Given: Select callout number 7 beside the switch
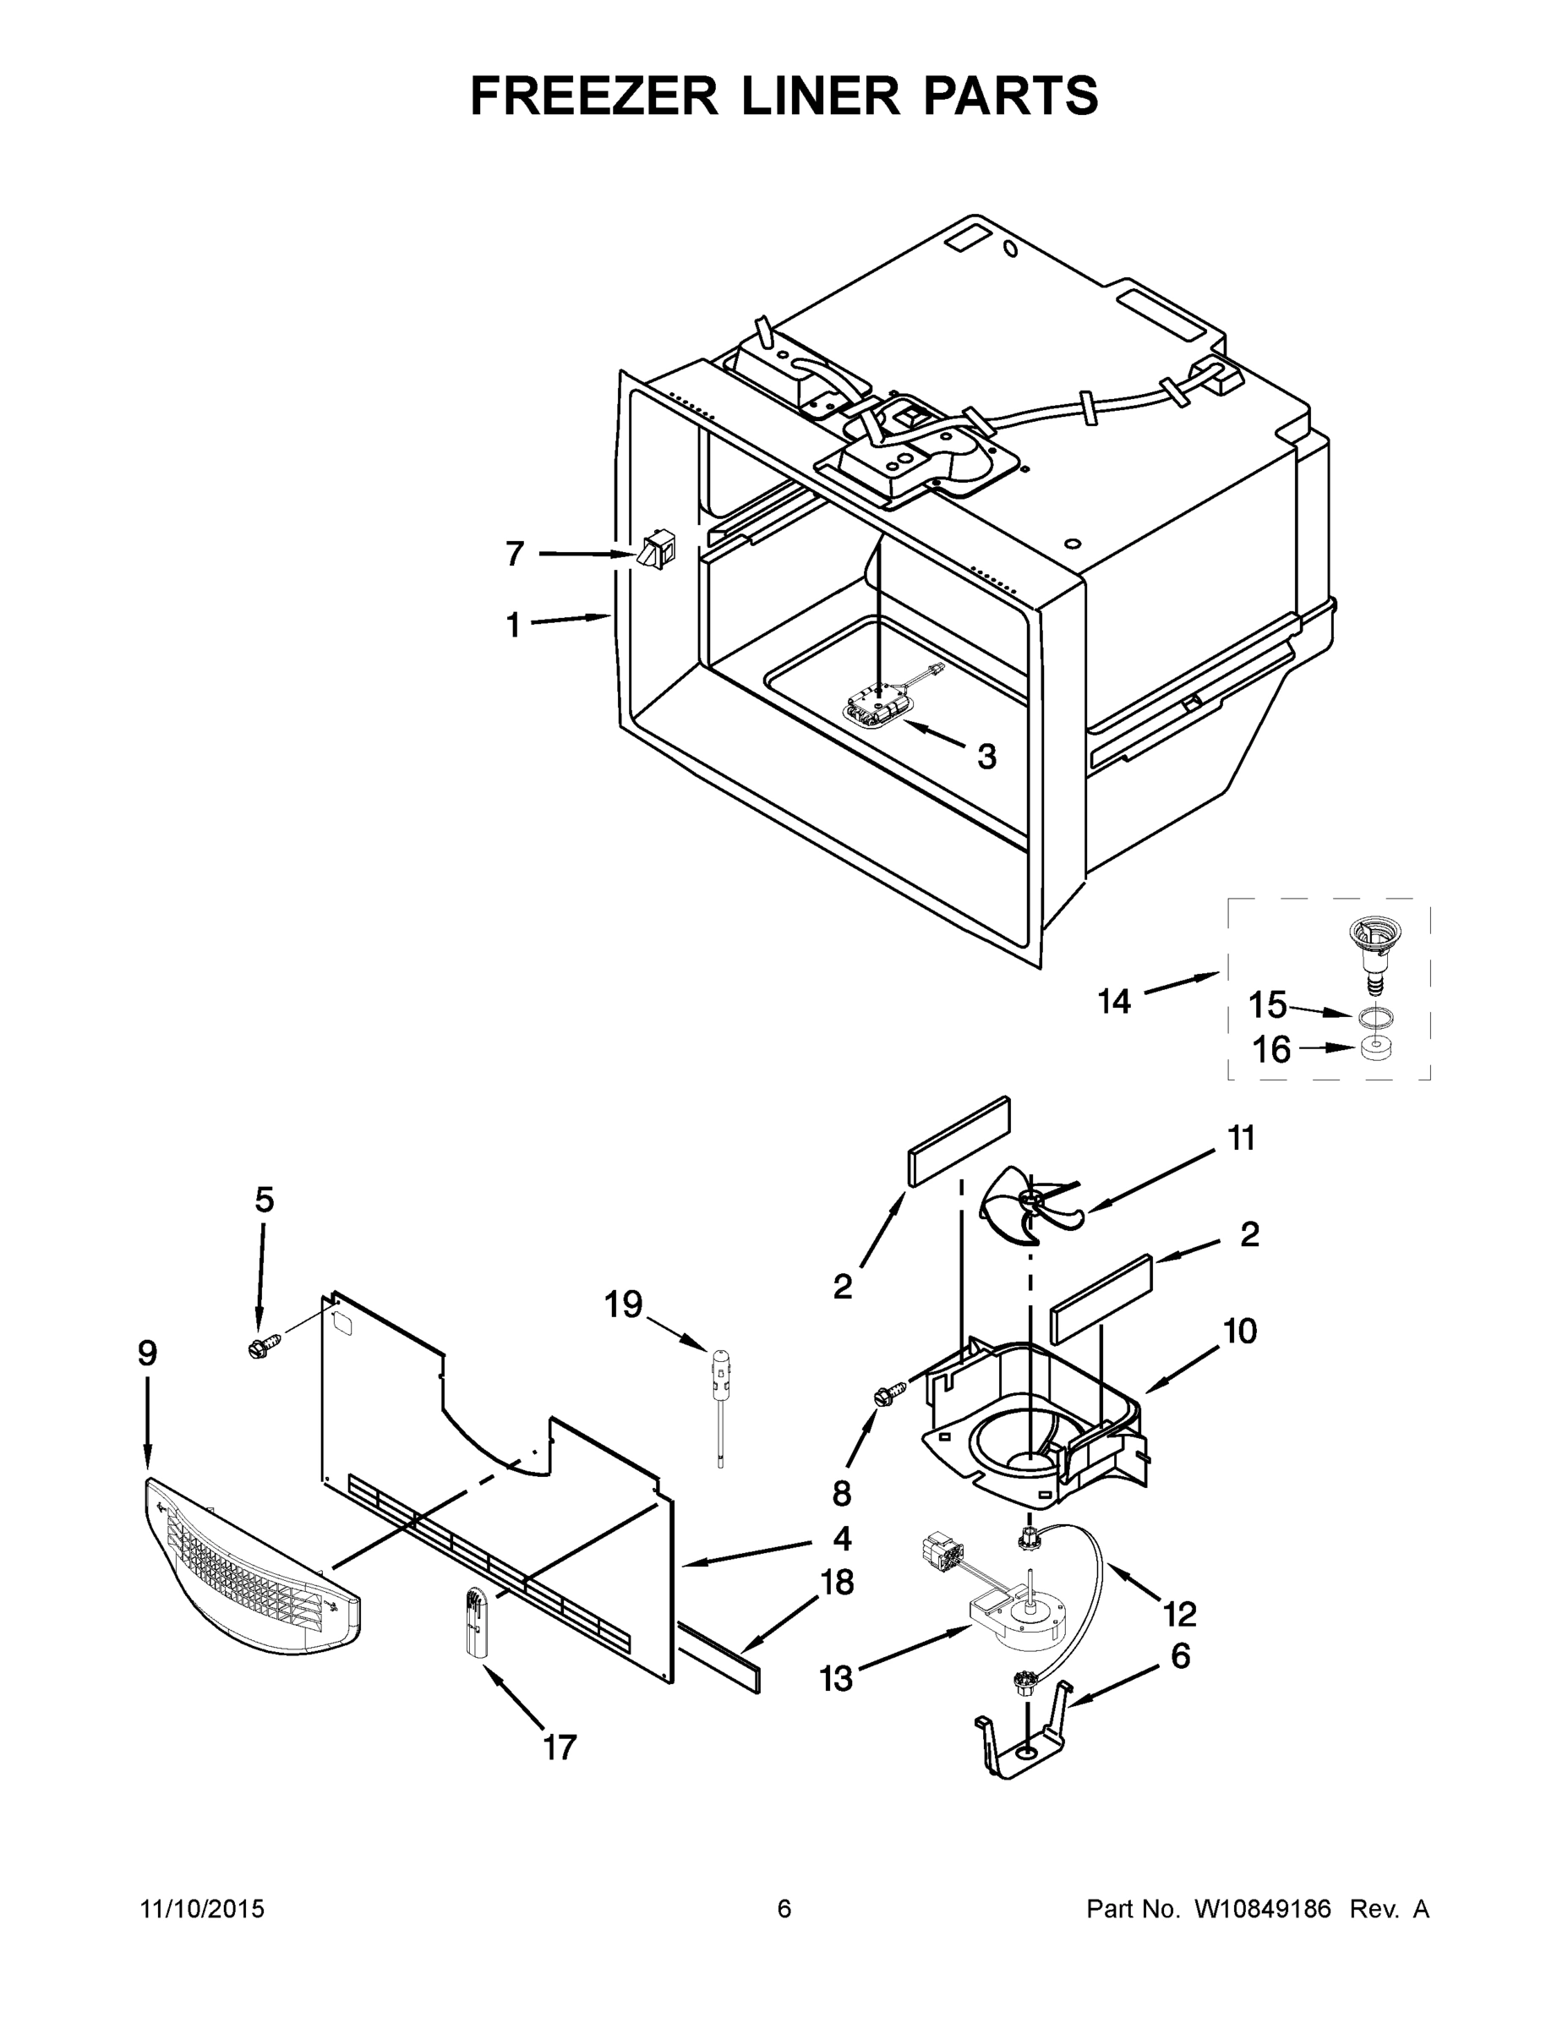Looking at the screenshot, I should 516,554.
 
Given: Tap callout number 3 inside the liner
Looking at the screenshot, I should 986,757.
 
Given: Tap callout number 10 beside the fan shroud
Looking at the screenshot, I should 1240,1331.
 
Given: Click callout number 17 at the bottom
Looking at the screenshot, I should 560,1747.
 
